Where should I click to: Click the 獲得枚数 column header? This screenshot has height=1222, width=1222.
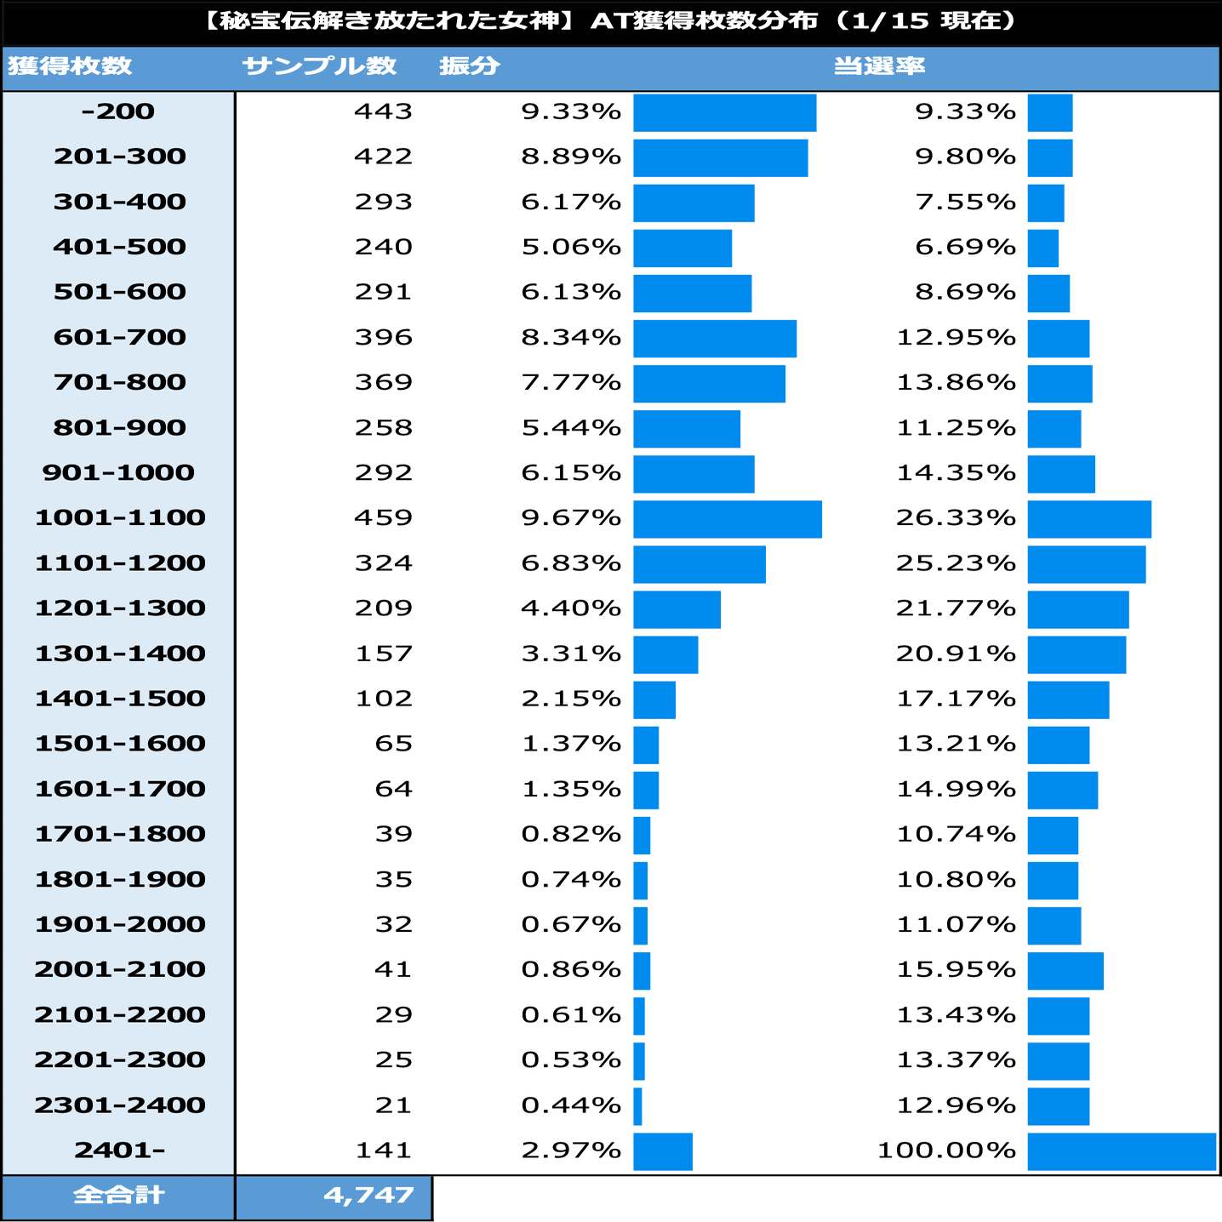[x=70, y=66]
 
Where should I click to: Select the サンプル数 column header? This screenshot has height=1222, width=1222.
[x=319, y=66]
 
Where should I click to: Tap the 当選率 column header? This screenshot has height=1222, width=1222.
[x=879, y=66]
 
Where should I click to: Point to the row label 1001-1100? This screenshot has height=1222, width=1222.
[x=120, y=517]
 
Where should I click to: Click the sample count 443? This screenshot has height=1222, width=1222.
[x=384, y=111]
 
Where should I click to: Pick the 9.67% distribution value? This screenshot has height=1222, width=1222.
[x=571, y=517]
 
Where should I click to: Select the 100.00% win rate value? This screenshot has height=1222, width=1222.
[x=946, y=1151]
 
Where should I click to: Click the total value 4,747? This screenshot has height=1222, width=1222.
[x=368, y=1196]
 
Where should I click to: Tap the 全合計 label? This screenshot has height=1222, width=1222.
[x=118, y=1196]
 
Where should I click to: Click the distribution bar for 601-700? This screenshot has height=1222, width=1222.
[x=715, y=339]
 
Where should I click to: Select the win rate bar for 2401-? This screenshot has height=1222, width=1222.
[x=1122, y=1151]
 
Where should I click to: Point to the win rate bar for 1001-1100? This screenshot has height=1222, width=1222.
[x=1089, y=519]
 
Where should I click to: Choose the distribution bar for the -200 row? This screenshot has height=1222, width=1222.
[x=724, y=113]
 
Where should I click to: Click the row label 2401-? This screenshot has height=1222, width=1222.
[x=119, y=1151]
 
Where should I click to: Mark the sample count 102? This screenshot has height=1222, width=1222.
[x=384, y=699]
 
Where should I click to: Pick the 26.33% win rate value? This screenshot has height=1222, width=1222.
[x=956, y=517]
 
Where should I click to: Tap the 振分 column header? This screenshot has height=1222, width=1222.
[x=469, y=66]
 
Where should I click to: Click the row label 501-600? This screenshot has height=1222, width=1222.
[x=120, y=292]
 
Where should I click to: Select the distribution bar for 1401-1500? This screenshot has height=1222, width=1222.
[x=654, y=700]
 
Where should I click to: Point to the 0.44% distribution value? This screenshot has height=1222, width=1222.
[x=571, y=1105]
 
